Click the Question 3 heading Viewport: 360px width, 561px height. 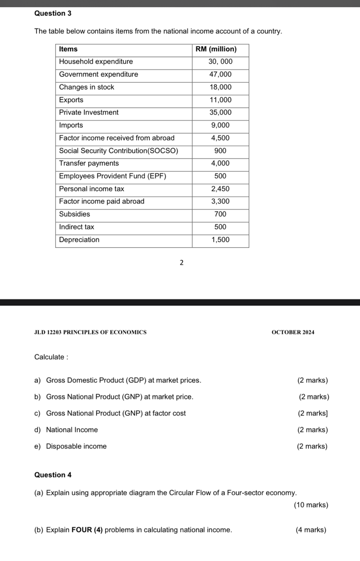tap(53, 13)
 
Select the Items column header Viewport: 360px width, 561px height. tap(68, 49)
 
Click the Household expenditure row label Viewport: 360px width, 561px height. tap(96, 62)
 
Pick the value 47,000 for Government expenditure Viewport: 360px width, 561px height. tap(220, 74)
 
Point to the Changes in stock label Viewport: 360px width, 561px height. tap(86, 87)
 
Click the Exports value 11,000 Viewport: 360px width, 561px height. tap(220, 100)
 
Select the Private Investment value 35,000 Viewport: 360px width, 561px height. tap(220, 112)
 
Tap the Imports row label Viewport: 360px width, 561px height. tap(71, 125)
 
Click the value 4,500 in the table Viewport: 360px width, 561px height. tap(220, 138)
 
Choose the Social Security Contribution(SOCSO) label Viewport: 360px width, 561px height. tap(118, 151)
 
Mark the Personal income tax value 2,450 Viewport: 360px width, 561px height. tap(220, 189)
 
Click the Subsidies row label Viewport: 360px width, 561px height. tap(74, 214)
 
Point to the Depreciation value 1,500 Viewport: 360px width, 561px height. tap(220, 240)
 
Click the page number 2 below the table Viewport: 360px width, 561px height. tap(181, 263)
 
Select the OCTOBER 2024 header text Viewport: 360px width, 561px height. tap(293, 332)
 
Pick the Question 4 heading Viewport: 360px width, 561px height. tap(53, 475)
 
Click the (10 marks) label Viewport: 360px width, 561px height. tap(311, 505)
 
